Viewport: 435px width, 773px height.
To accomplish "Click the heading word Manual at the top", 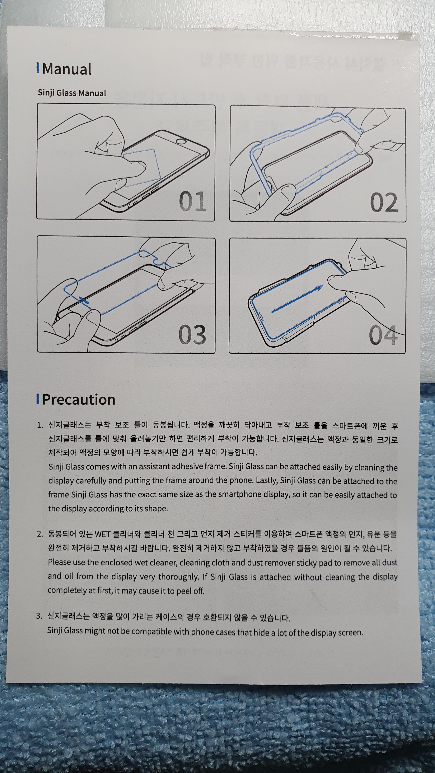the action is (67, 69).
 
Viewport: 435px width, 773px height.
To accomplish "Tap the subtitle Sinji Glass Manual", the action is (72, 93).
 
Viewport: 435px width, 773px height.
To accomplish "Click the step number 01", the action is (193, 201).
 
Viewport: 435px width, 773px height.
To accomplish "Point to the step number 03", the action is (192, 334).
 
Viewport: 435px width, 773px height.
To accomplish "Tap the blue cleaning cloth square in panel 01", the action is (141, 167).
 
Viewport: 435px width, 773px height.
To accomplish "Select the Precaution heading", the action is (79, 400).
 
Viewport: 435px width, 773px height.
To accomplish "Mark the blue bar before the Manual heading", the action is (38, 68).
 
